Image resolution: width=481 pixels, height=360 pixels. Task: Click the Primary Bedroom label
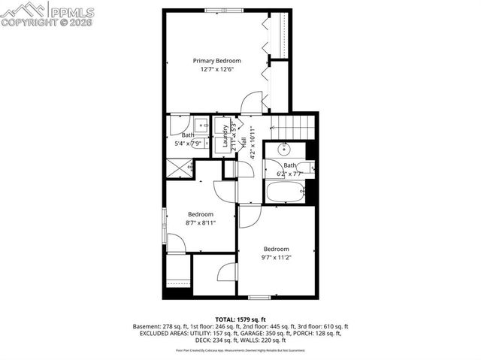tap(216, 61)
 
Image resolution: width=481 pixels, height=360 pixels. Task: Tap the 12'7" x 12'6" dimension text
tap(216, 70)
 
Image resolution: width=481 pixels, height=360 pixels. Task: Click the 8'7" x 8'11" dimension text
tap(201, 222)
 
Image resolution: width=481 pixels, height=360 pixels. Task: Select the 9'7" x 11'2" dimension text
tap(276, 257)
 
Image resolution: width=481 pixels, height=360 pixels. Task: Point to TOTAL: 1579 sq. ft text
tap(240, 319)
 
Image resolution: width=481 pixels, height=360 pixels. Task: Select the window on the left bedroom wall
tap(165, 222)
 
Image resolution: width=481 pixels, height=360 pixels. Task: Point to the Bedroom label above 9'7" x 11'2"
tap(276, 249)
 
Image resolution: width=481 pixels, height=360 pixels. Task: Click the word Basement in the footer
tap(147, 326)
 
